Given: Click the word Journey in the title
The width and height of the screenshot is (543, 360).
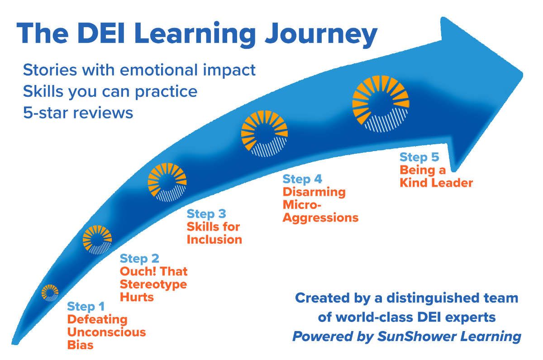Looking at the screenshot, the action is tap(321, 35).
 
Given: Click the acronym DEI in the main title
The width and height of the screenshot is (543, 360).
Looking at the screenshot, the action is tap(101, 33).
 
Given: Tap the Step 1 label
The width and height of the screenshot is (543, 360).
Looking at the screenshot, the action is tap(86, 307).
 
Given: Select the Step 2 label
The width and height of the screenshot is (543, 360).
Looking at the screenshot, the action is tap(139, 259).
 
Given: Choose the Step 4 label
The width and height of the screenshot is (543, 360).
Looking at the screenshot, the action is tap(302, 179).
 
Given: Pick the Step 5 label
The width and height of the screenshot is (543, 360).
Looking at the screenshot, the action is tap(419, 157).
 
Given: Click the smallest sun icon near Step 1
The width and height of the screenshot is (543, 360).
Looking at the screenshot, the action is tap(50, 293).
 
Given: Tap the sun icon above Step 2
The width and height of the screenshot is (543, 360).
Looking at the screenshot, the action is tap(97, 240).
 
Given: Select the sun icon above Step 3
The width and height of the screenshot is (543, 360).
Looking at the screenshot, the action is tap(167, 182).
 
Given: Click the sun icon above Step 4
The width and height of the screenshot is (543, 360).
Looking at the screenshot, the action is tap(264, 133).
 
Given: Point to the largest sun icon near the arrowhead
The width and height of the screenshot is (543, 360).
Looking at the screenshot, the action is tap(381, 104).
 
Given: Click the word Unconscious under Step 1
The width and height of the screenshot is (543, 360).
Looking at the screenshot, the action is tap(106, 332).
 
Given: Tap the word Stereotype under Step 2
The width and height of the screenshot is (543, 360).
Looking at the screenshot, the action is tap(153, 284).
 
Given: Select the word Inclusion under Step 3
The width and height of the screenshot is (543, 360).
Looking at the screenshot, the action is tap(214, 240).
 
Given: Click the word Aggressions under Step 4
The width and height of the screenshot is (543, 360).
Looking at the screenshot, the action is tap(320, 218).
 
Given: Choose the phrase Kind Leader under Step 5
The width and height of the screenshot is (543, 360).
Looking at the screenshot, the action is tap(436, 183).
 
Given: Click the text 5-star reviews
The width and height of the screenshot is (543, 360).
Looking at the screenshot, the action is tap(78, 113).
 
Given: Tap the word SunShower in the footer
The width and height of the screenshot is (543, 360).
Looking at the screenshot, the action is tap(416, 336).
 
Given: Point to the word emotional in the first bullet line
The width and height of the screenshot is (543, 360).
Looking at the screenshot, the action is tap(159, 70).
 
